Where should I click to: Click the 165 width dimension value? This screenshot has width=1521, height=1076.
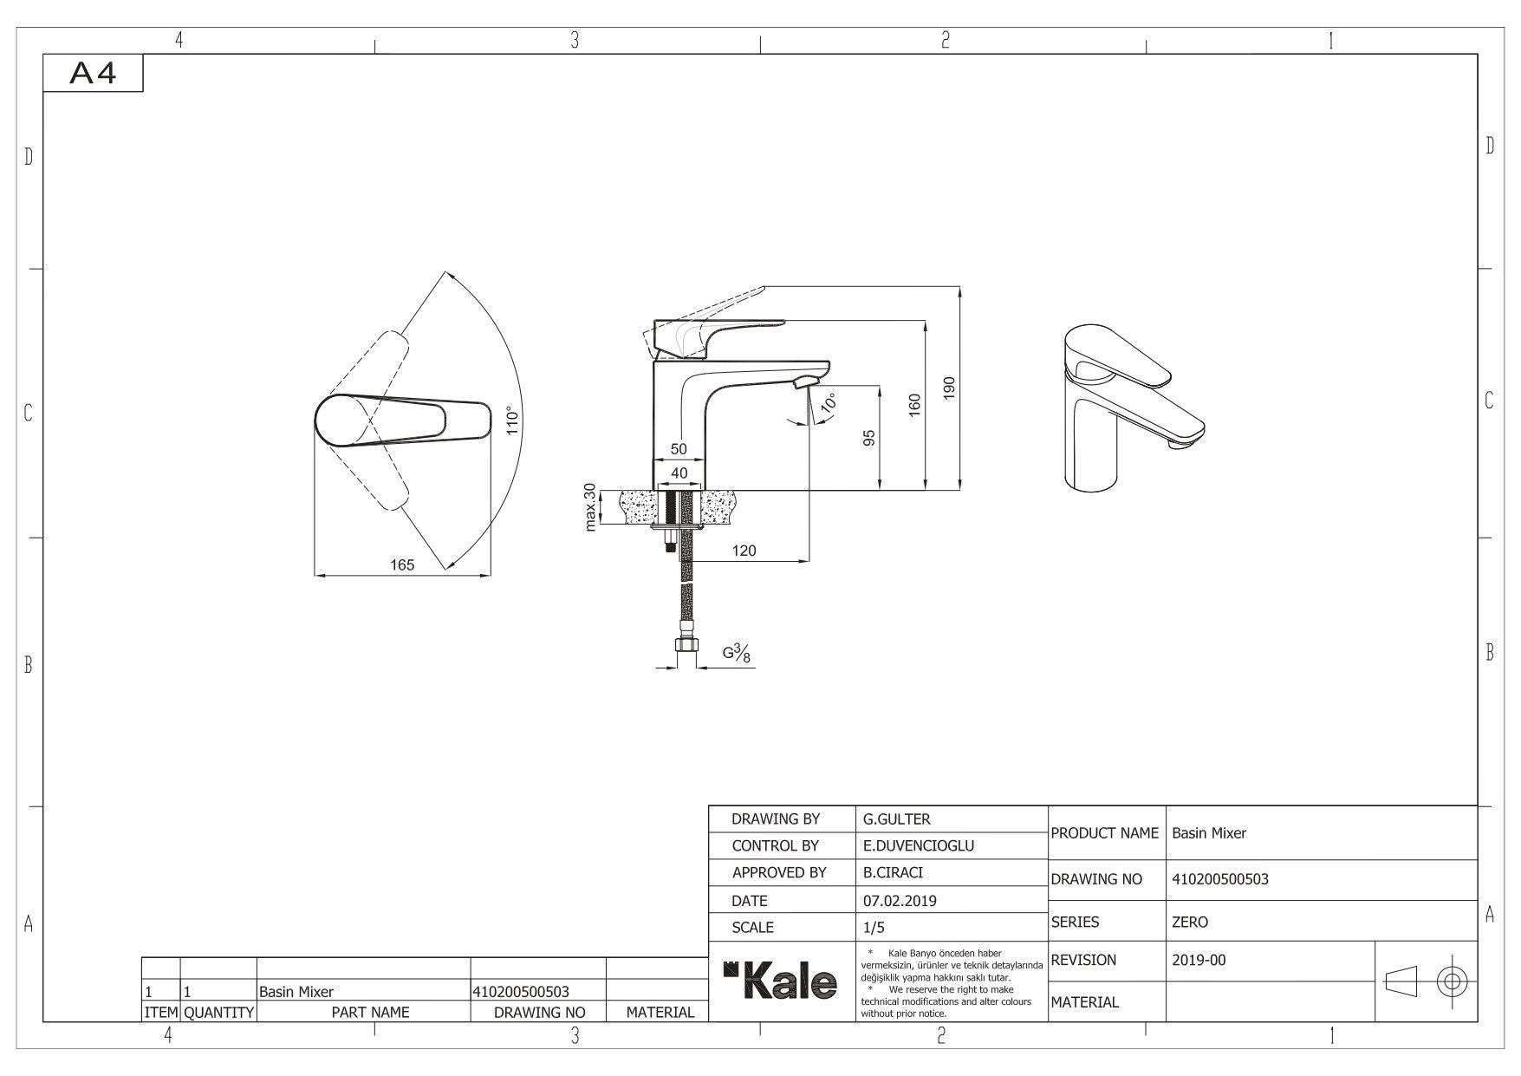pos(402,564)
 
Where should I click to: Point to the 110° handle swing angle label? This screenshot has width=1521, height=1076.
pos(514,420)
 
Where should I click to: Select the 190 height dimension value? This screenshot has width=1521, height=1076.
pos(949,388)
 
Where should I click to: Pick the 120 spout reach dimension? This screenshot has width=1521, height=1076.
pos(744,551)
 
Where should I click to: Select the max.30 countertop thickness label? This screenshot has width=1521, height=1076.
pos(590,507)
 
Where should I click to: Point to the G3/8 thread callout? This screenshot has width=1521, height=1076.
pos(737,654)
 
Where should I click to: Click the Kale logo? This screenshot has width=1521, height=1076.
pos(781,981)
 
